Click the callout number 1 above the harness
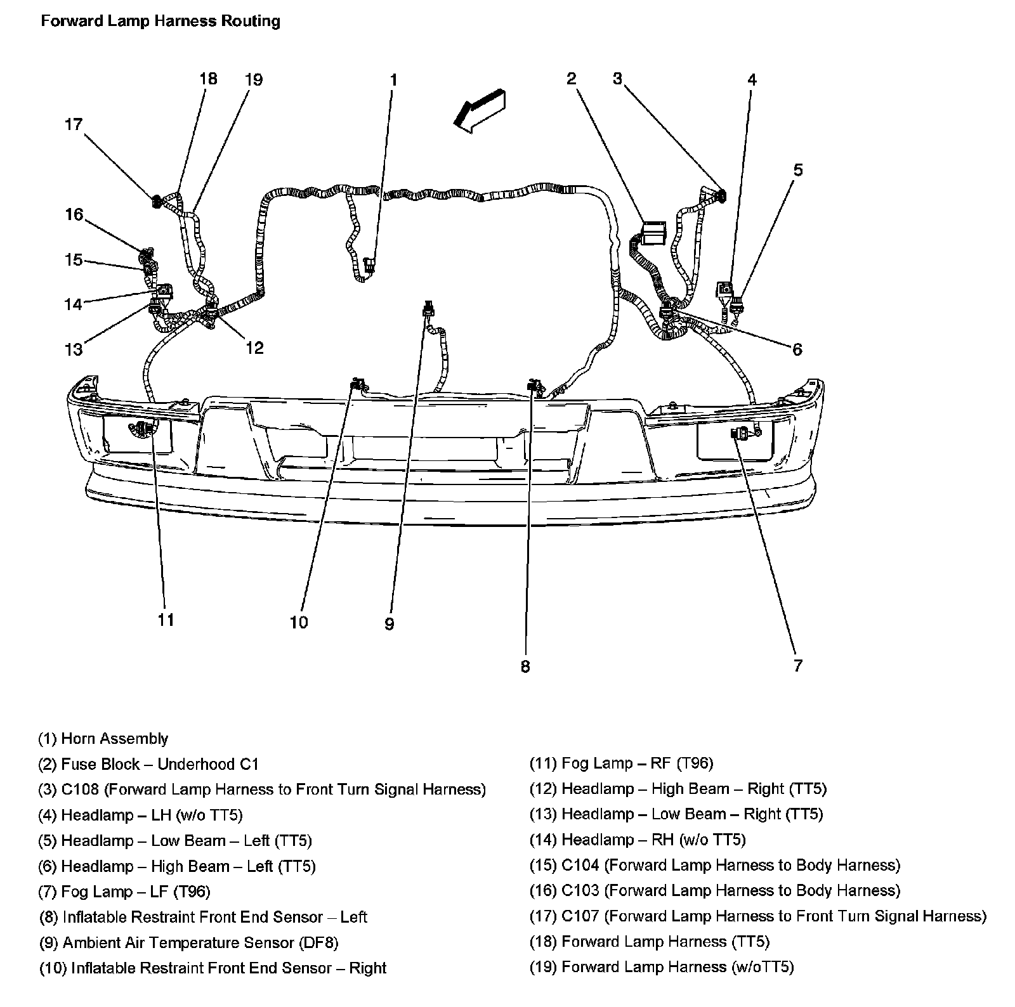coord(393,81)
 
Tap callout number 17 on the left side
coord(74,124)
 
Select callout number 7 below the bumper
coord(797,665)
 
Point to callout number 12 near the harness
coord(254,348)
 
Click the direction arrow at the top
coord(479,108)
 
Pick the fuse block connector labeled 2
coord(653,233)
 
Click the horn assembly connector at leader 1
coord(370,266)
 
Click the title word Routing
coord(250,21)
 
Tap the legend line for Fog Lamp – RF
coord(621,763)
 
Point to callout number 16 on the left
coord(74,214)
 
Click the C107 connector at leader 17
coord(155,202)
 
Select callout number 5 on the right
coord(798,169)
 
